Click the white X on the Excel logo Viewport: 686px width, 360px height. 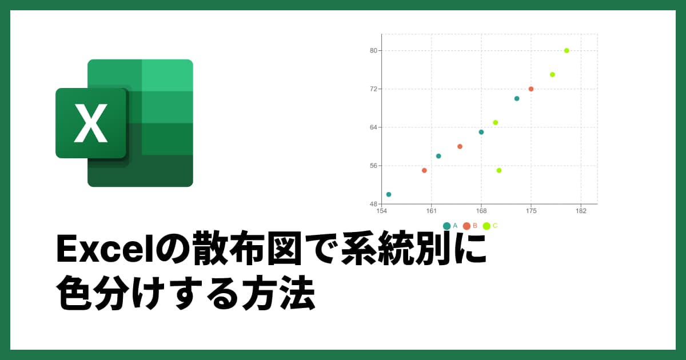click(x=90, y=123)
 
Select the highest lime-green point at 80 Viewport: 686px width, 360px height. click(x=567, y=50)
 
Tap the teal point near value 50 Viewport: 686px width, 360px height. click(x=389, y=194)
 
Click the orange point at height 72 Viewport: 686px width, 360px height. click(x=531, y=89)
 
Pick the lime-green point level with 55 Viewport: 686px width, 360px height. click(x=499, y=170)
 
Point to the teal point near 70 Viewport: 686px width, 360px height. click(x=517, y=98)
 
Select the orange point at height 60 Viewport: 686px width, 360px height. click(x=460, y=146)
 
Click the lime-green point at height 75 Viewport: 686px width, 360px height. click(x=552, y=74)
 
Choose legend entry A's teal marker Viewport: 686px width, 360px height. click(x=446, y=226)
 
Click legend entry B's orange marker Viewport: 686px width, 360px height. click(x=466, y=226)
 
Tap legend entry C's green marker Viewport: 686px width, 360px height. click(x=486, y=226)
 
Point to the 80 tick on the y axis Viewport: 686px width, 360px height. click(x=373, y=51)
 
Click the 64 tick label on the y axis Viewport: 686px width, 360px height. click(x=373, y=127)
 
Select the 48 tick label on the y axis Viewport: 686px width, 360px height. click(x=373, y=204)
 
